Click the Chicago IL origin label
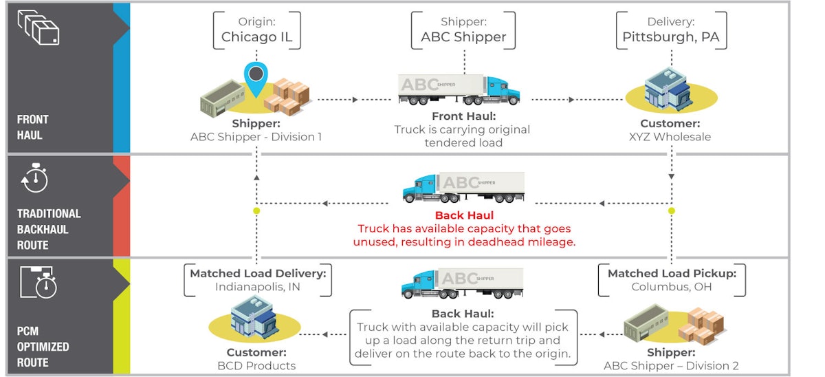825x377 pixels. (x=256, y=37)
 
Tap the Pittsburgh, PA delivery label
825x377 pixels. (x=670, y=37)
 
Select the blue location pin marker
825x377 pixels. (x=255, y=78)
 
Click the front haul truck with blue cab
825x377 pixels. (x=459, y=90)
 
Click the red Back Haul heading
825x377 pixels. (x=464, y=215)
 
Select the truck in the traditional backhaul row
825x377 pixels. (x=463, y=188)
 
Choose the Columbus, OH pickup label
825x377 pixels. (x=671, y=286)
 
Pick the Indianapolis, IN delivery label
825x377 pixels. (x=258, y=286)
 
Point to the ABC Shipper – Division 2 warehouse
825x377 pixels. (x=670, y=325)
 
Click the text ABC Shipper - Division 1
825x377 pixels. (x=256, y=137)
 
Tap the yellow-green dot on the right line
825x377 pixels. (x=672, y=211)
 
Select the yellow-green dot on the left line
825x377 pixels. (x=256, y=211)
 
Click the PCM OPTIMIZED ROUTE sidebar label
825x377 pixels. (x=43, y=346)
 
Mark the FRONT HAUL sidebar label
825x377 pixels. (x=33, y=127)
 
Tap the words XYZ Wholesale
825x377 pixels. (x=670, y=137)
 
